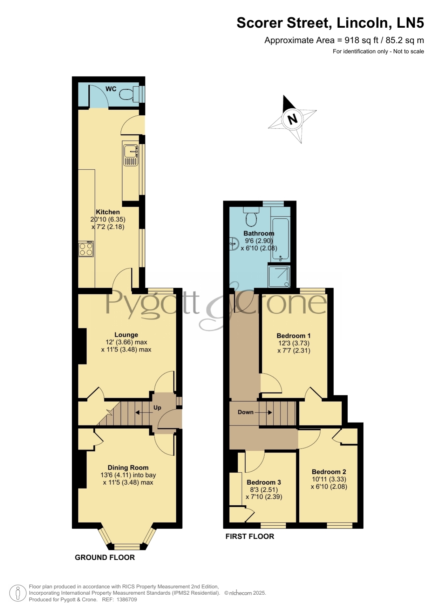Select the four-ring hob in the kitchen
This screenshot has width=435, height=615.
pyautogui.click(x=86, y=249)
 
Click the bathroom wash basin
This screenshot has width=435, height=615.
pyautogui.click(x=234, y=243)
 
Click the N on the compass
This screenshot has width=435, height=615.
pyautogui.click(x=292, y=119)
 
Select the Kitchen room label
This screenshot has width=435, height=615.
pyautogui.click(x=108, y=212)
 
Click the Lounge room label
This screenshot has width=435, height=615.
pyautogui.click(x=126, y=335)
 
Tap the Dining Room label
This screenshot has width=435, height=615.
pyautogui.click(x=128, y=467)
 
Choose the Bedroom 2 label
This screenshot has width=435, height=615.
pyautogui.click(x=329, y=472)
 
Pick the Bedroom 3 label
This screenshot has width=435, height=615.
pyautogui.click(x=264, y=482)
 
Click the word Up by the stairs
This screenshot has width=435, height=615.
pyautogui.click(x=157, y=408)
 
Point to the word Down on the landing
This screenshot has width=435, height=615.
pyautogui.click(x=245, y=412)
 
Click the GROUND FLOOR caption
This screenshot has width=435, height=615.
pyautogui.click(x=105, y=557)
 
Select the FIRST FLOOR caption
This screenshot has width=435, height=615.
pyautogui.click(x=250, y=536)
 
